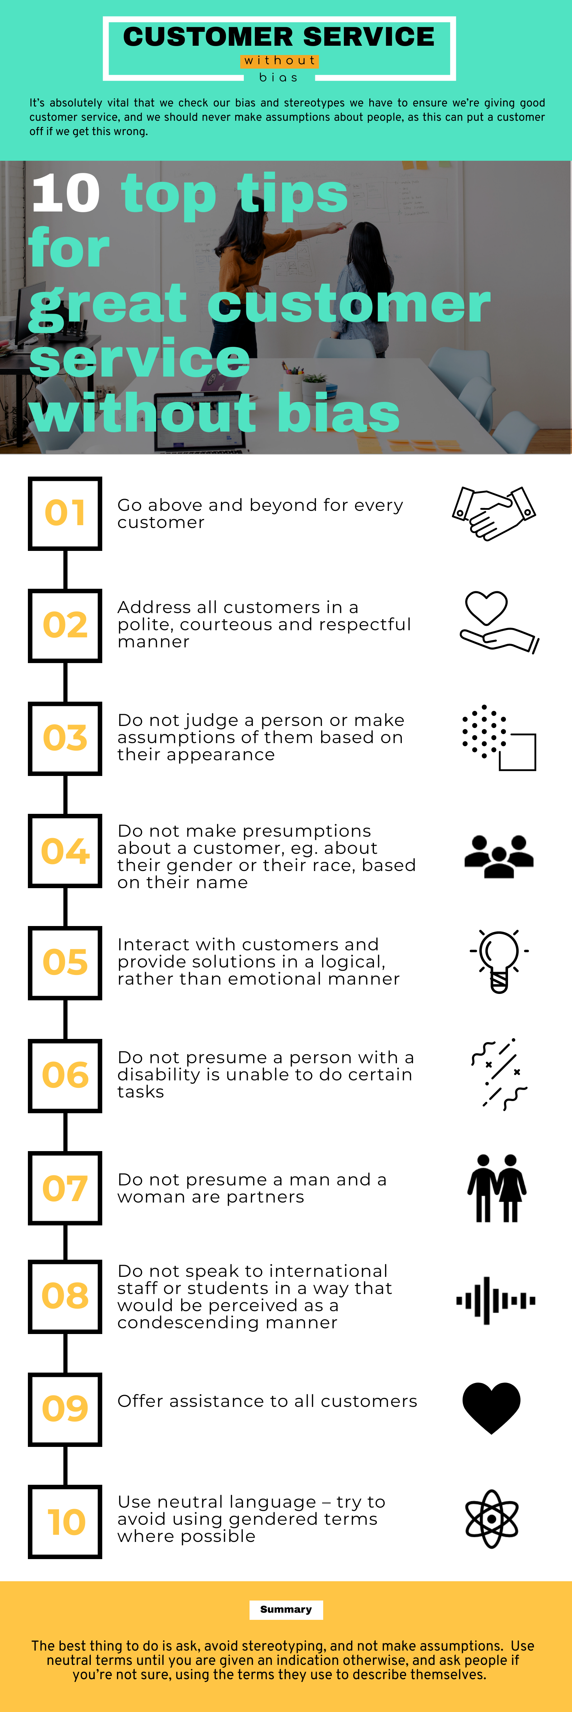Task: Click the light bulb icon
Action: tap(499, 961)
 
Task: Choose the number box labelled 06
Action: tap(65, 1075)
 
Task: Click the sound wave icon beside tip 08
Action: tap(495, 1300)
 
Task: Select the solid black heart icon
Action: tap(492, 1408)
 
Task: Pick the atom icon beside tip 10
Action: tap(492, 1519)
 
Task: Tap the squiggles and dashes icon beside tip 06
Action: tap(499, 1074)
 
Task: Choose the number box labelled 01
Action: tap(65, 513)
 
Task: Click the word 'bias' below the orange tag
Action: tap(279, 78)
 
